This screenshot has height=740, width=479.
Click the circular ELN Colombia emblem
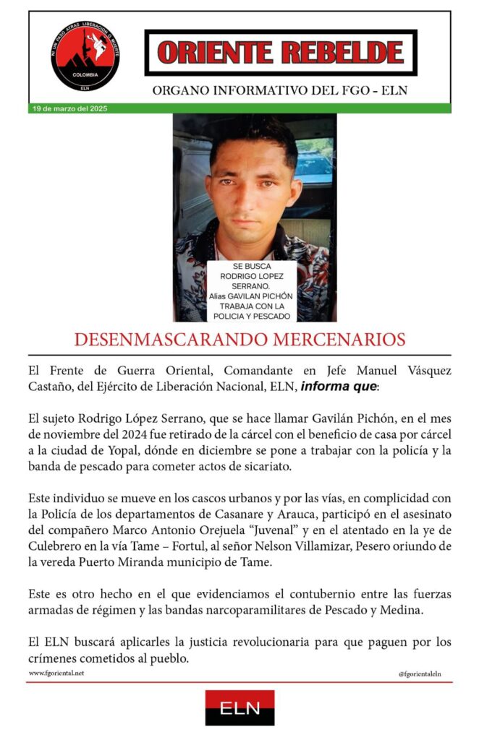(x=85, y=56)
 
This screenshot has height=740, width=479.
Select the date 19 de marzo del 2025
(x=69, y=108)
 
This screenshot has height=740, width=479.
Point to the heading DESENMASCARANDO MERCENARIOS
(x=239, y=340)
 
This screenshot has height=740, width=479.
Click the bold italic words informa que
(x=339, y=386)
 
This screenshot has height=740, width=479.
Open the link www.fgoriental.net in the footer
(x=56, y=673)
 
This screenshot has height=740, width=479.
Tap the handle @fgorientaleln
(x=420, y=674)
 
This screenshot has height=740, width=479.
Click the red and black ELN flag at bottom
(x=239, y=707)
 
